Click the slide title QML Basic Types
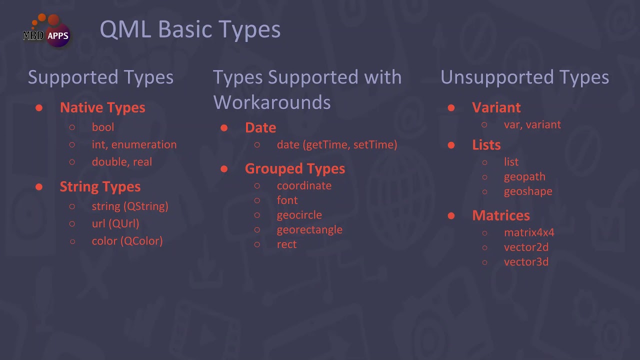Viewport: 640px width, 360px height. (x=190, y=29)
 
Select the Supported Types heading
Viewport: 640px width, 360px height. (x=100, y=77)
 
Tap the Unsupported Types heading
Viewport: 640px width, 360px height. (x=524, y=77)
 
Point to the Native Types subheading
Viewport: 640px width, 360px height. (x=102, y=107)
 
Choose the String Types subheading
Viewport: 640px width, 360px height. (x=100, y=186)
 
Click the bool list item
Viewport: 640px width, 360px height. (x=103, y=127)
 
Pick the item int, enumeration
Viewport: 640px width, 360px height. (x=134, y=144)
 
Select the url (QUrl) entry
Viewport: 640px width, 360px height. (x=115, y=223)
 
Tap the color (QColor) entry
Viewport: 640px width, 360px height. (x=127, y=241)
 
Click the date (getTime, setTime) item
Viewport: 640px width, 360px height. (x=337, y=144)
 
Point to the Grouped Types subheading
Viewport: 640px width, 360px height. (x=295, y=168)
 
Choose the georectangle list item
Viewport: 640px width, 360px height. (x=309, y=229)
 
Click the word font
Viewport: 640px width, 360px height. (x=287, y=200)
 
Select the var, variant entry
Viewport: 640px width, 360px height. (x=532, y=124)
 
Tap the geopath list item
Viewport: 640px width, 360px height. (x=524, y=176)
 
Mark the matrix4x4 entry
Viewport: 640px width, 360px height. (x=529, y=232)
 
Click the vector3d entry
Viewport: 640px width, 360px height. (x=526, y=261)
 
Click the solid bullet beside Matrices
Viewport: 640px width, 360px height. (x=451, y=215)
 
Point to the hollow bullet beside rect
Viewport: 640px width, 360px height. (x=257, y=244)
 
